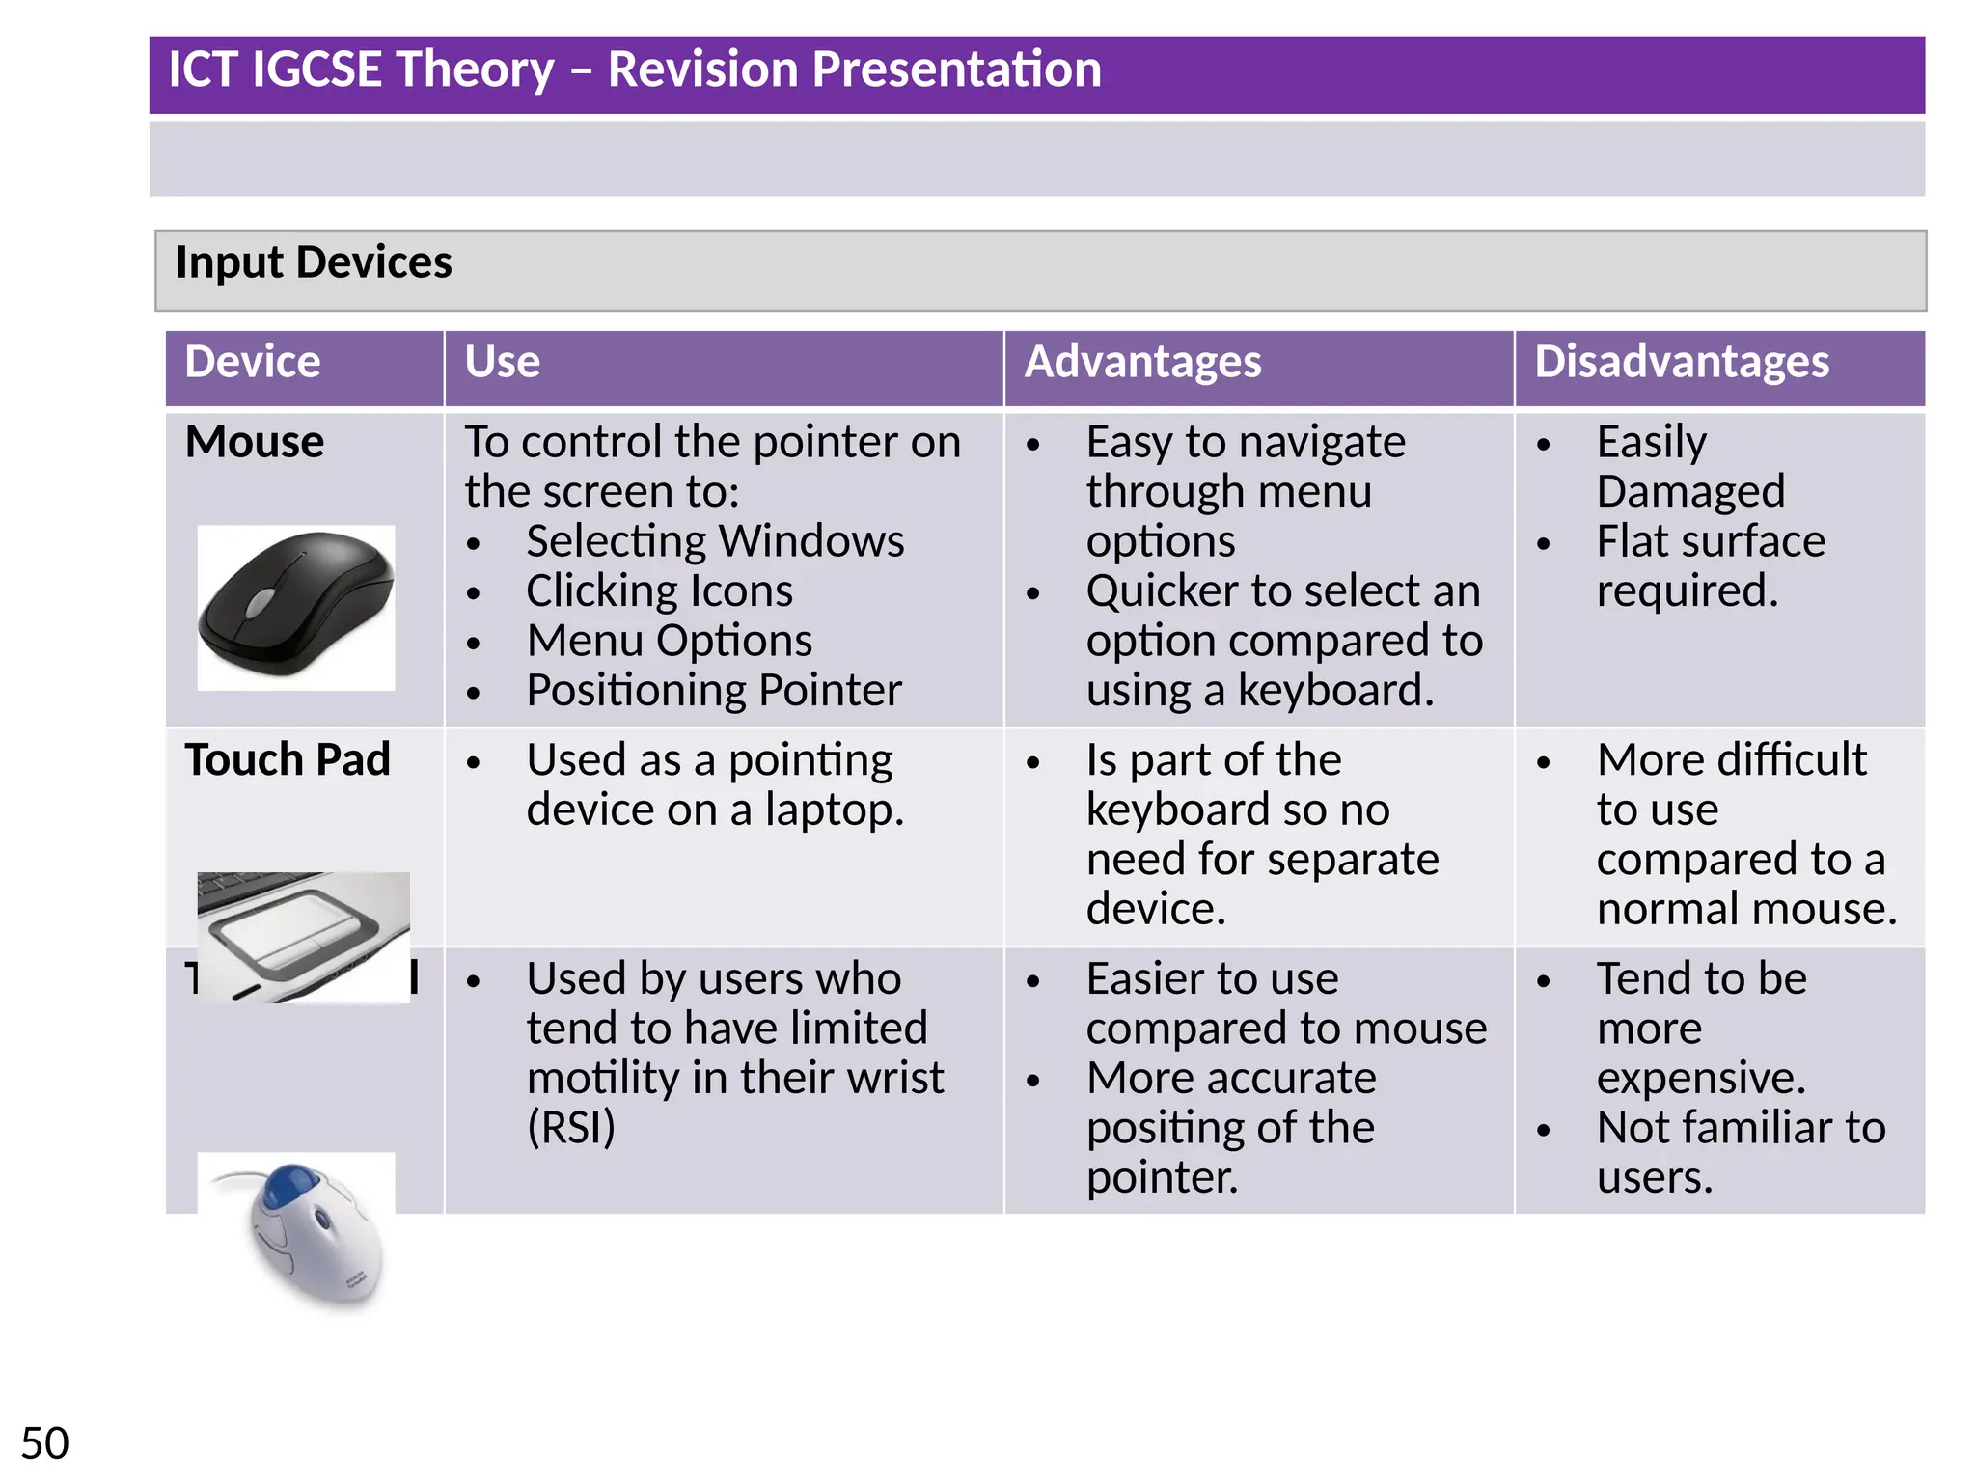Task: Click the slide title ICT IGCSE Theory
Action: (634, 69)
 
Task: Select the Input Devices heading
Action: (314, 262)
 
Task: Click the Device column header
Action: (253, 363)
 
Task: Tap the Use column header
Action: (502, 363)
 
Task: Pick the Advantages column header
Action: (1142, 363)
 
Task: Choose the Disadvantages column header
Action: (1681, 363)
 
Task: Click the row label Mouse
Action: (255, 443)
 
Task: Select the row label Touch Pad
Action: (288, 760)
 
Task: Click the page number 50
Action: (44, 1444)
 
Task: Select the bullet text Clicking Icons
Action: (659, 591)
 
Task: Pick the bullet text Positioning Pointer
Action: (713, 691)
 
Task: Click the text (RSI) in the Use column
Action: (571, 1128)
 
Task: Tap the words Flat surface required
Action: (1710, 566)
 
